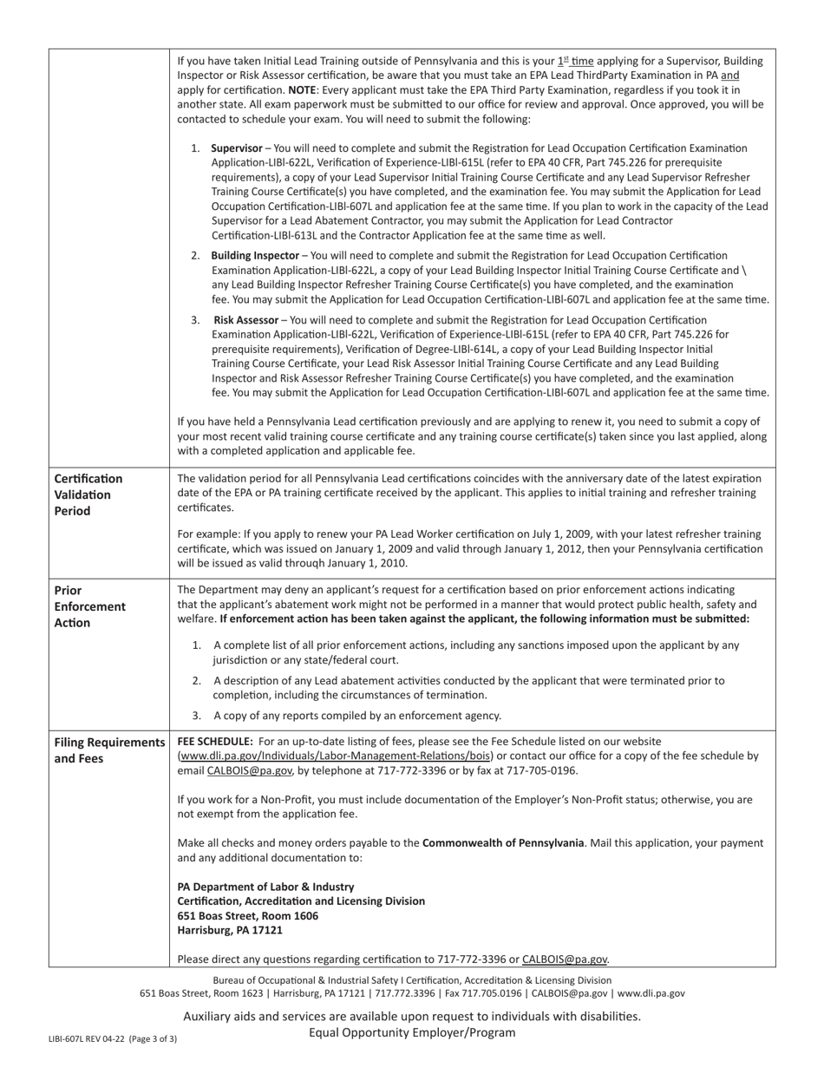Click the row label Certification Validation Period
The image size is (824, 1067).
(x=88, y=494)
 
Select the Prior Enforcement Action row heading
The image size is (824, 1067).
(x=90, y=606)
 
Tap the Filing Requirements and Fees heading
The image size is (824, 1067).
(x=109, y=750)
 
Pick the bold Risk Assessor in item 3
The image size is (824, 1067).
(x=245, y=320)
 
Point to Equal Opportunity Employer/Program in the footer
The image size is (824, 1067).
(x=412, y=1032)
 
